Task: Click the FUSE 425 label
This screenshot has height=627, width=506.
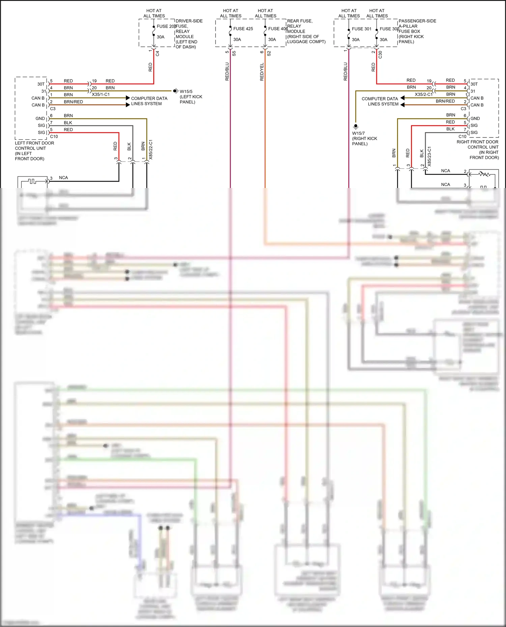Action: pyautogui.click(x=243, y=29)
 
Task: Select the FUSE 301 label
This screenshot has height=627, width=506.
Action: pyautogui.click(x=361, y=29)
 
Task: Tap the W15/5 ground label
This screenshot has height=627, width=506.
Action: pyautogui.click(x=186, y=92)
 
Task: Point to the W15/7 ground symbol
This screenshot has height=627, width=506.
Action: pyautogui.click(x=356, y=127)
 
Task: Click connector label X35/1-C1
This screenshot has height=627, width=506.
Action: pyautogui.click(x=101, y=95)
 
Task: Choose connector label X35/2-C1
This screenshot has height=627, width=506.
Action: pyautogui.click(x=423, y=95)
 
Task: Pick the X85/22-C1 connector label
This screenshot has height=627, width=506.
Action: pyautogui.click(x=151, y=150)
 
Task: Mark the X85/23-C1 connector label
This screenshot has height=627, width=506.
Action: pyautogui.click(x=429, y=156)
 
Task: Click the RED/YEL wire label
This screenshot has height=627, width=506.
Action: pyautogui.click(x=262, y=72)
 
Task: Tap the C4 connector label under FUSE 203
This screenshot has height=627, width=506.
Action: pyautogui.click(x=158, y=54)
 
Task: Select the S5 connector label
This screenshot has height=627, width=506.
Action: pyautogui.click(x=234, y=54)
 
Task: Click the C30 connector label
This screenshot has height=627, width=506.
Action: pyautogui.click(x=381, y=54)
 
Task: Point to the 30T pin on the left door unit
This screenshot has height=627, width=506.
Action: pyautogui.click(x=41, y=84)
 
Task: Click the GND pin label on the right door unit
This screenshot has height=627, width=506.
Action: pyautogui.click(x=475, y=119)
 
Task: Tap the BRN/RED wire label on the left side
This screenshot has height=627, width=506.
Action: pyautogui.click(x=73, y=102)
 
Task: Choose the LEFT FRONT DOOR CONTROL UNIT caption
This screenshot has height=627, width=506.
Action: pyautogui.click(x=34, y=151)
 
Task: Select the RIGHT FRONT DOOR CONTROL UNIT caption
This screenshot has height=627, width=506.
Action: pyautogui.click(x=478, y=150)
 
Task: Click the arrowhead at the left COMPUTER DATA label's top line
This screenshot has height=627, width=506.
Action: pyautogui.click(x=128, y=98)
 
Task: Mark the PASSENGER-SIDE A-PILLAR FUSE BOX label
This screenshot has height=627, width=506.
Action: pyautogui.click(x=417, y=31)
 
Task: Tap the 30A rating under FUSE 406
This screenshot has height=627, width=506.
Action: pyautogui.click(x=272, y=40)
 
